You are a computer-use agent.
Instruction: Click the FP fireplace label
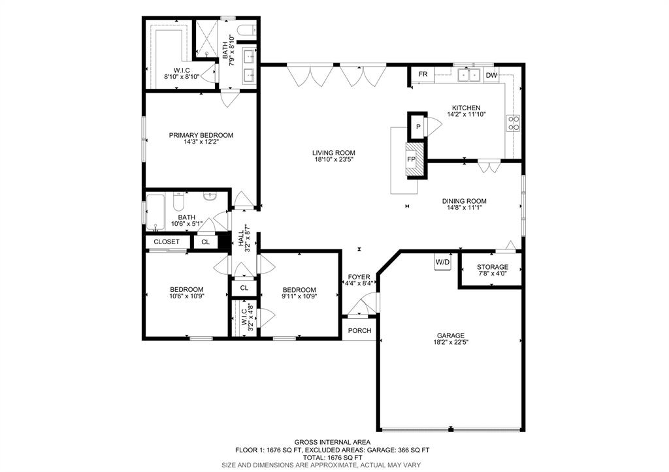tap(412, 159)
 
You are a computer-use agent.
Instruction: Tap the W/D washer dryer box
tap(442, 262)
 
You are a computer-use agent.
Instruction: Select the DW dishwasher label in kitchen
tap(491, 76)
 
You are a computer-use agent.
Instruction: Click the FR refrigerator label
tap(423, 74)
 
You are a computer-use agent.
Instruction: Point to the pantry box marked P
tap(418, 126)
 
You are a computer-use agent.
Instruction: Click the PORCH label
tap(360, 330)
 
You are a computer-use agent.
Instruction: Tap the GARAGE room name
tap(451, 336)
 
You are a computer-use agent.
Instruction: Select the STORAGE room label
tap(493, 267)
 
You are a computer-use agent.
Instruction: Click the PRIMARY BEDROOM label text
tap(201, 135)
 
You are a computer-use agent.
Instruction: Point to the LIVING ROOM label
tap(334, 153)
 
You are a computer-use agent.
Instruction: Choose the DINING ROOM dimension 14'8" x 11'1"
tap(465, 208)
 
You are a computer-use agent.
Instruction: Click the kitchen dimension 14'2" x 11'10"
tap(466, 114)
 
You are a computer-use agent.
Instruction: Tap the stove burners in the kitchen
tap(514, 123)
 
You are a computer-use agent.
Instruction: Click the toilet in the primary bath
tap(246, 30)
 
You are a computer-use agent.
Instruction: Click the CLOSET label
tap(167, 242)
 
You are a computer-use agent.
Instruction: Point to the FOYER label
tap(359, 277)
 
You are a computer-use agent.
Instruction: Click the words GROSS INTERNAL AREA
tap(333, 442)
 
